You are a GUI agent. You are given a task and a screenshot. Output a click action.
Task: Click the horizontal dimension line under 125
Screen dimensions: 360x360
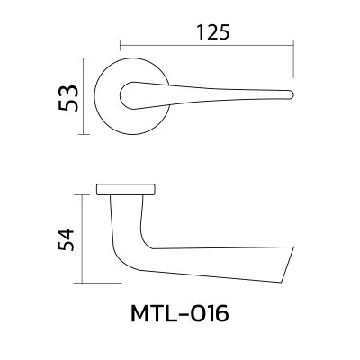click(x=208, y=44)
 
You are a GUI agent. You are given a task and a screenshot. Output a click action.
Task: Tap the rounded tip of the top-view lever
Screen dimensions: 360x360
click(x=291, y=93)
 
